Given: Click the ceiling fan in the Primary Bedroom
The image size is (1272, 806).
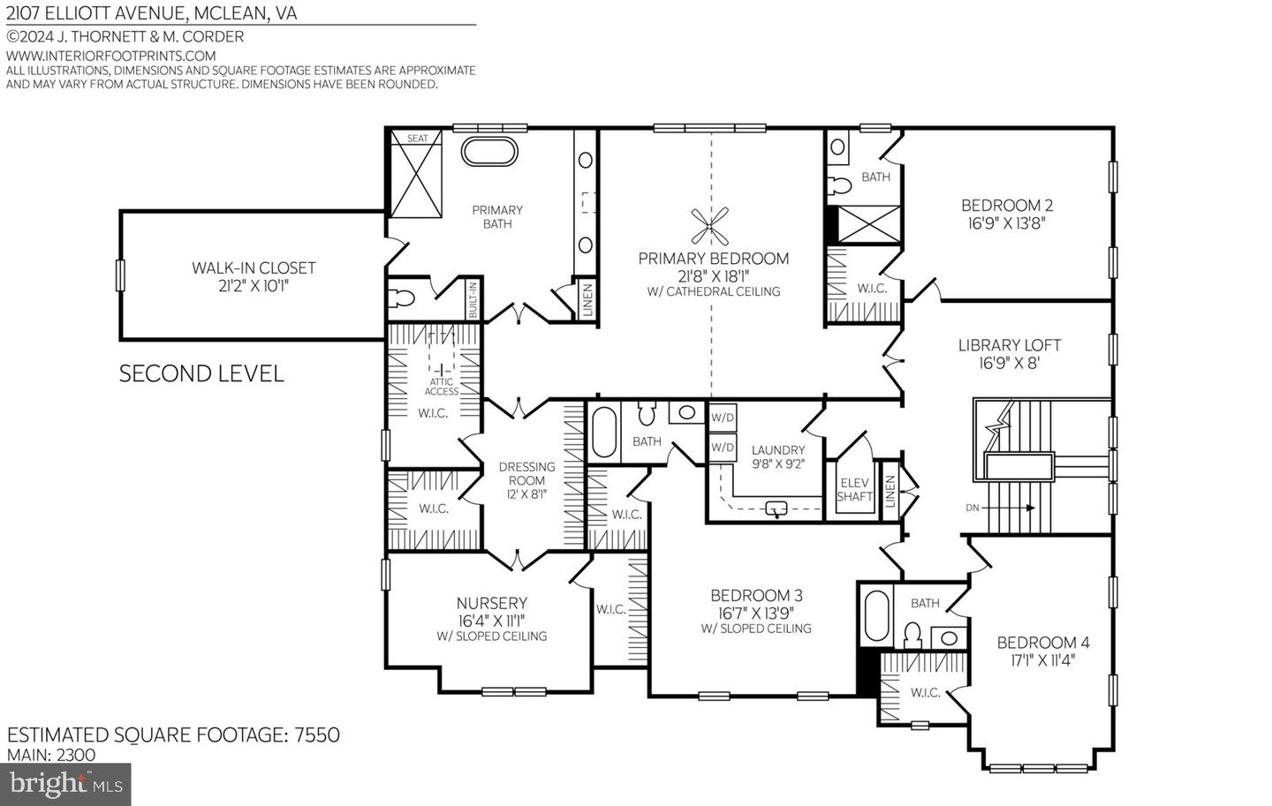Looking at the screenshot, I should (710, 226).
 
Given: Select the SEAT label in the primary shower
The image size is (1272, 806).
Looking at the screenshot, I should (417, 139).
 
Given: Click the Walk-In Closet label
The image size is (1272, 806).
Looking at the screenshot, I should (254, 267).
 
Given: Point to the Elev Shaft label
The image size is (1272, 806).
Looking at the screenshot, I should (854, 489).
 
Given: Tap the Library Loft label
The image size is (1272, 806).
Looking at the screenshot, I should (1009, 345).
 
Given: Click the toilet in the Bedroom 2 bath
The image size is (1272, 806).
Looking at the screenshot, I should (839, 184).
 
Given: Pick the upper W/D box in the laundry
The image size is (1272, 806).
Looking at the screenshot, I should (723, 418).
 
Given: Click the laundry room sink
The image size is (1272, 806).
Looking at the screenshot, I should (776, 508).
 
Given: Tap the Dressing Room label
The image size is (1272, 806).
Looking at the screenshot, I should (526, 467).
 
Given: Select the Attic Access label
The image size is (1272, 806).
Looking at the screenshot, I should (441, 387).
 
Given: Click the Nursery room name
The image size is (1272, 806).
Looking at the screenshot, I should (491, 603).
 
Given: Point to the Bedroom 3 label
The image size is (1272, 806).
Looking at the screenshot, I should (756, 595).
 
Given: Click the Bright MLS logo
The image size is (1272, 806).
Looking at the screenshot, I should (66, 783).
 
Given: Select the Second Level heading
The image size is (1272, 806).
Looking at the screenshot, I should (201, 373).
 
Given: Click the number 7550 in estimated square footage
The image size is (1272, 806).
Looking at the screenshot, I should (315, 734).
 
